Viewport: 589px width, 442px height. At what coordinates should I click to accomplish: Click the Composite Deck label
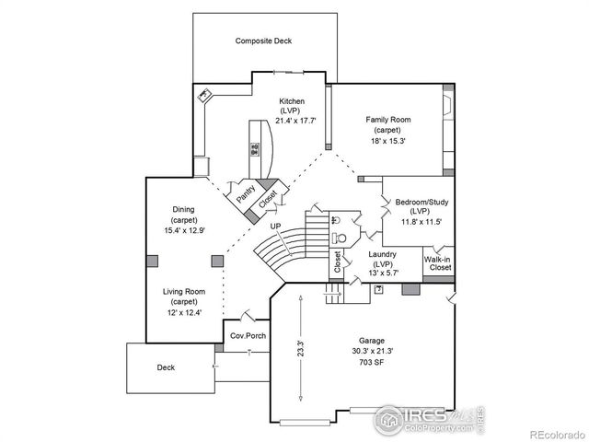pos(263,41)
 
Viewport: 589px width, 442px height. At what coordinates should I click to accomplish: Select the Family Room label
pos(387,120)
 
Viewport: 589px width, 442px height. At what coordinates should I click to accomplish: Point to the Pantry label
pos(246,193)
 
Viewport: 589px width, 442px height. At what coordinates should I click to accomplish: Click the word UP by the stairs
pos(275,226)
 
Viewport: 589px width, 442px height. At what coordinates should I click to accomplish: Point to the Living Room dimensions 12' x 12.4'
pos(183,312)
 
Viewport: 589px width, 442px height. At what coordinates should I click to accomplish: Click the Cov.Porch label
pos(248,336)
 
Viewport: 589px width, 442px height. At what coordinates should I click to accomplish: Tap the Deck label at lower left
pos(166,367)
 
